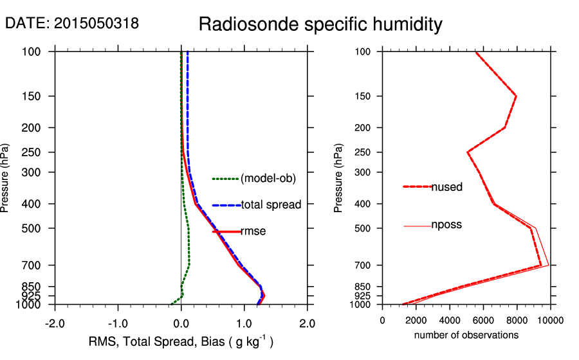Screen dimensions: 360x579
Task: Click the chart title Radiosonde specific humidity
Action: pyautogui.click(x=320, y=25)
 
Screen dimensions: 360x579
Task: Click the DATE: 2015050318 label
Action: pyautogui.click(x=72, y=24)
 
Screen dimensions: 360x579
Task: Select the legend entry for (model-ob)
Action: pyautogui.click(x=268, y=179)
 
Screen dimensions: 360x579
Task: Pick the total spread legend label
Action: pyautogui.click(x=271, y=205)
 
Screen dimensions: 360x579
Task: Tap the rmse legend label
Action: pyautogui.click(x=253, y=231)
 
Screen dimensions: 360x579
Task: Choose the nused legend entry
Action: pyautogui.click(x=446, y=187)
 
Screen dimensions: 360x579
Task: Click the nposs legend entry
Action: pyautogui.click(x=446, y=225)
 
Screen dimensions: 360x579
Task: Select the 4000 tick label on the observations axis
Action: pyautogui.click(x=450, y=320)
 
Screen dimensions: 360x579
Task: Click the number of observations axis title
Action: pyautogui.click(x=466, y=335)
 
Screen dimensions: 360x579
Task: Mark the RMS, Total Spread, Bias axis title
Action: pyautogui.click(x=181, y=342)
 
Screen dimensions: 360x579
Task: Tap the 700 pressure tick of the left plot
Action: pyautogui.click(x=32, y=265)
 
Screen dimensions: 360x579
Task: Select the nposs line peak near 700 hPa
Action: pyautogui.click(x=548, y=265)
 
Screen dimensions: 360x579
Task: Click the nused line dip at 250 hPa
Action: pyautogui.click(x=467, y=152)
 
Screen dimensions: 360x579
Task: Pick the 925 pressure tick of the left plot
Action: pyautogui.click(x=32, y=295)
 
